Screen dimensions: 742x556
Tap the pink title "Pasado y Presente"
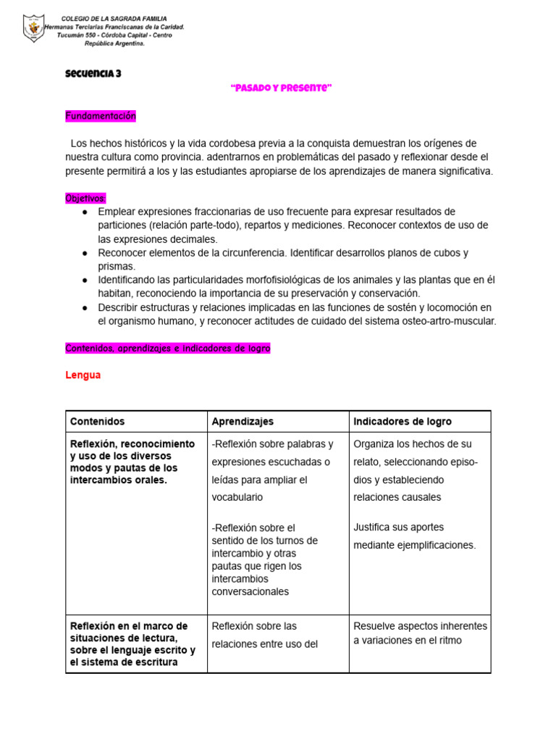(281, 88)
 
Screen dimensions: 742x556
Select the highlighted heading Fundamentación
(100, 116)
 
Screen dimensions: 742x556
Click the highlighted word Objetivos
(85, 198)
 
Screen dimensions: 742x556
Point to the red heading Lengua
(83, 375)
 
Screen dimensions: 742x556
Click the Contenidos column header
(97, 421)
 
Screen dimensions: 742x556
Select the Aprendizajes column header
(243, 421)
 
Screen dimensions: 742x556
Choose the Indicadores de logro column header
(402, 421)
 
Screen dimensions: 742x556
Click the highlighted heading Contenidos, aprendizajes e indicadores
(167, 348)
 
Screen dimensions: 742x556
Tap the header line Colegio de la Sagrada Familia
(114, 18)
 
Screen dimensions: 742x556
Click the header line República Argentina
(114, 43)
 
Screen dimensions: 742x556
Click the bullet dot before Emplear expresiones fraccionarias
(85, 212)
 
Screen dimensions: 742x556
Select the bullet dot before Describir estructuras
(85, 307)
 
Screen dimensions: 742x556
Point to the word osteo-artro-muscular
(447, 321)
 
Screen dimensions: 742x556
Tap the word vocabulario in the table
(237, 497)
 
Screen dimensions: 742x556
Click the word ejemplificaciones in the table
(434, 545)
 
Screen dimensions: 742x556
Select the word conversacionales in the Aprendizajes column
(250, 591)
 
